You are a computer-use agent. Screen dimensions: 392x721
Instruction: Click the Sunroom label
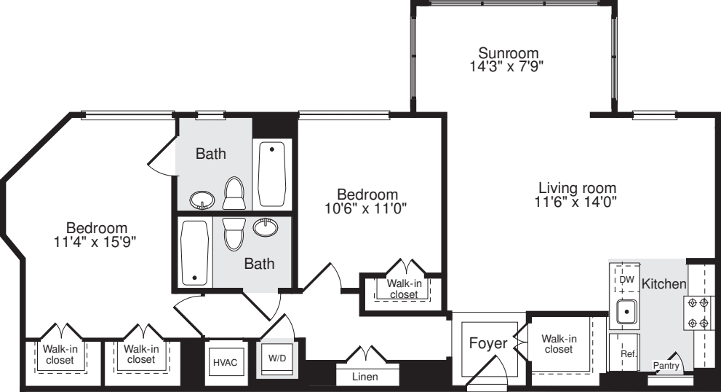(x=508, y=53)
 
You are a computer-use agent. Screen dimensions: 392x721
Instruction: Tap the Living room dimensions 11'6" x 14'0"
(x=575, y=203)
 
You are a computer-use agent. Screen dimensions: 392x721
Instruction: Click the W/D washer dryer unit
(x=277, y=358)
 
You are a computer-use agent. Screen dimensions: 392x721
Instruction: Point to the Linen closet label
(x=365, y=377)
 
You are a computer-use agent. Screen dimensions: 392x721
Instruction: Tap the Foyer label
(x=487, y=343)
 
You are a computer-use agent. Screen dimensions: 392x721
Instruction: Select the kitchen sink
(x=626, y=313)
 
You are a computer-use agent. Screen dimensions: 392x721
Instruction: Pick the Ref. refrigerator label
(x=628, y=354)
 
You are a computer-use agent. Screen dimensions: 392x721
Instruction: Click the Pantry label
(x=666, y=366)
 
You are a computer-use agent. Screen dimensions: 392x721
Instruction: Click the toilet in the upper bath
(x=234, y=194)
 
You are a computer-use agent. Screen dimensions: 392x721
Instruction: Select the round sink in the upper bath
(x=202, y=199)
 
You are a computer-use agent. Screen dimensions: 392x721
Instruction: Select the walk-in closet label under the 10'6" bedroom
(x=403, y=289)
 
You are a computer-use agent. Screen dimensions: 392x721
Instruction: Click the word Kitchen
(x=664, y=284)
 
